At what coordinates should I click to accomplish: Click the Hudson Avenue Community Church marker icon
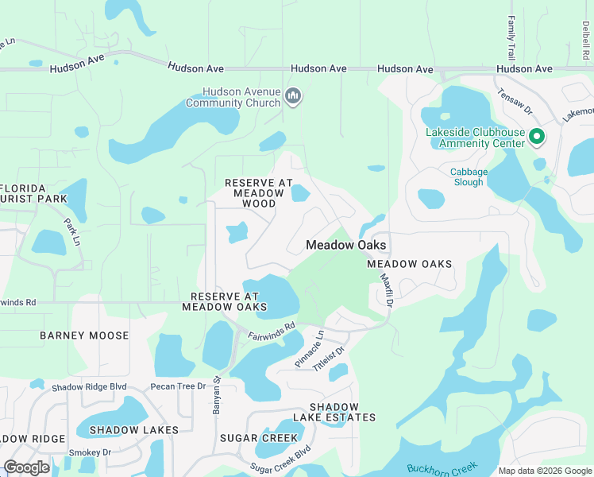tap(293, 97)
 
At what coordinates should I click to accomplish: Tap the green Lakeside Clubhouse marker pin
tap(536, 138)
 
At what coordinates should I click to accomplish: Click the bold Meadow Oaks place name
tap(346, 246)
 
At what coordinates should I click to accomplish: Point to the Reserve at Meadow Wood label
tap(259, 193)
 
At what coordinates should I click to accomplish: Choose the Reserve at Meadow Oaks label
tap(225, 301)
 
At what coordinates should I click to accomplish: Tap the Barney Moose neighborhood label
tap(84, 335)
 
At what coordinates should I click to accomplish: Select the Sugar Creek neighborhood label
tap(250, 438)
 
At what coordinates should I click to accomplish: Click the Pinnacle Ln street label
tap(310, 347)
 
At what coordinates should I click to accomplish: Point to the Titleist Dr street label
tap(330, 362)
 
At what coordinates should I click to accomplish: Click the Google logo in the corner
tap(26, 467)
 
